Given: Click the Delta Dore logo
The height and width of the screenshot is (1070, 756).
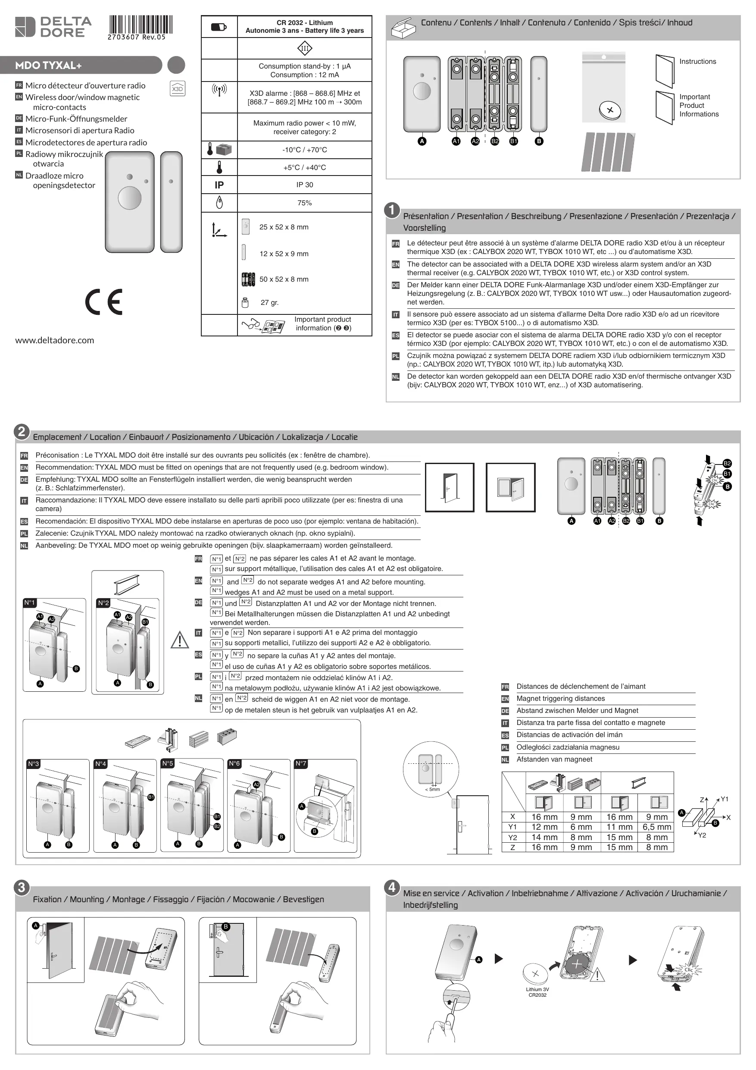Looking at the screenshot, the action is click(x=53, y=27).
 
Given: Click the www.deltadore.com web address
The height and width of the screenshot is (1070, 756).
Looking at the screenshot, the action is click(x=54, y=340).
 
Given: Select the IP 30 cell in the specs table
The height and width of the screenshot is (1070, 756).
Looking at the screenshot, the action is click(x=305, y=185).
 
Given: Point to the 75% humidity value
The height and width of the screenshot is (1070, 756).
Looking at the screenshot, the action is click(x=305, y=203).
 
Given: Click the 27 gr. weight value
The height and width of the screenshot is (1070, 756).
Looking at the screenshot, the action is click(x=270, y=303).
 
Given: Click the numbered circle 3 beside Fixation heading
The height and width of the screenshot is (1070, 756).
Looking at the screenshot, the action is click(x=22, y=887).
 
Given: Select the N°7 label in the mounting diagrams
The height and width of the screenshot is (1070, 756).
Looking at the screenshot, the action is click(x=301, y=763).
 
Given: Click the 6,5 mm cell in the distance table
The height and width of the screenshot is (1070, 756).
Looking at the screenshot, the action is click(x=657, y=827).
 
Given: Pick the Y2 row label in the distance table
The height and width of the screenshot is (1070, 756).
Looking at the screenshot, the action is click(x=512, y=837).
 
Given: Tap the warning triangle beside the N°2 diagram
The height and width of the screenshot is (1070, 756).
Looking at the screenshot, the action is click(x=179, y=640).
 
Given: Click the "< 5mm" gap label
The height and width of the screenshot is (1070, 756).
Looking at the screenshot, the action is click(x=432, y=789).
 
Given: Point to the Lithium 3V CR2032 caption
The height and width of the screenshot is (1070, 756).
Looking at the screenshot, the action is click(x=537, y=992).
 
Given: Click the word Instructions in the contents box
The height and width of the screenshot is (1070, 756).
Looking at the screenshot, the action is click(x=697, y=62).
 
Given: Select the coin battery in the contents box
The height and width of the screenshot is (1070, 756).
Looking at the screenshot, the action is click(x=610, y=110).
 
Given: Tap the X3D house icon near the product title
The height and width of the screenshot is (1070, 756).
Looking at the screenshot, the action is click(x=178, y=88).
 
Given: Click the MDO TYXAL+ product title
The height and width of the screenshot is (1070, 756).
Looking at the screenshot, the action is click(x=48, y=65).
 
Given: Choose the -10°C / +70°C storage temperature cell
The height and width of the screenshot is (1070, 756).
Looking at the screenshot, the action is click(x=305, y=150).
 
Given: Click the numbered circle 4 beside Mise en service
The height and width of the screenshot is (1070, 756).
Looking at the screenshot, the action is click(x=392, y=887).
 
